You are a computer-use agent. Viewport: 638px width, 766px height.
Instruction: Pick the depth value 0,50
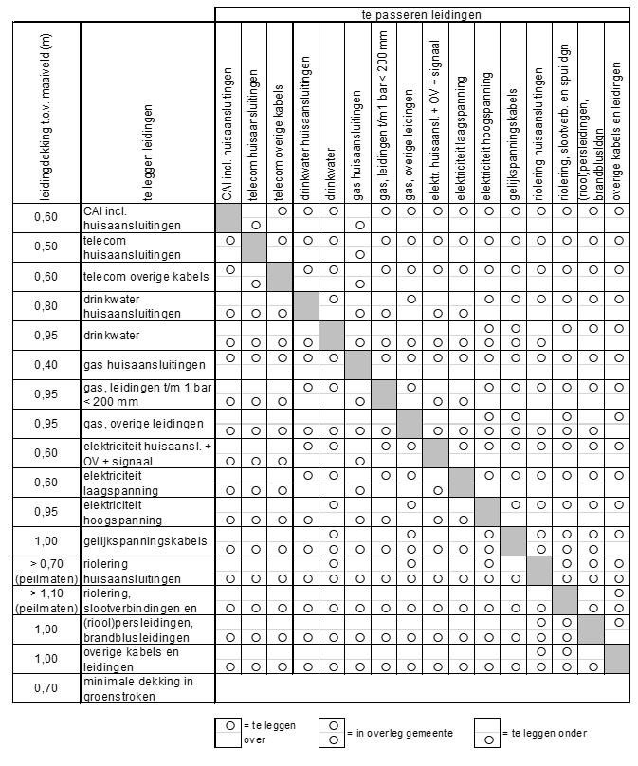pyautogui.click(x=46, y=247)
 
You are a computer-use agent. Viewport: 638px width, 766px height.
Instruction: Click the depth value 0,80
pyautogui.click(x=46, y=306)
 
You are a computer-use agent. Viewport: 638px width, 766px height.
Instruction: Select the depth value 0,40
pyautogui.click(x=46, y=365)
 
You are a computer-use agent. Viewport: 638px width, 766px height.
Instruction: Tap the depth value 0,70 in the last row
pyautogui.click(x=46, y=688)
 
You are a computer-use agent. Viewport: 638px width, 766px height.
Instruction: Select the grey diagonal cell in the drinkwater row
pyautogui.click(x=331, y=336)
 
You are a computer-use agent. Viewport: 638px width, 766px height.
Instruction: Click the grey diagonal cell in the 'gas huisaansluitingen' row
pyautogui.click(x=357, y=365)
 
